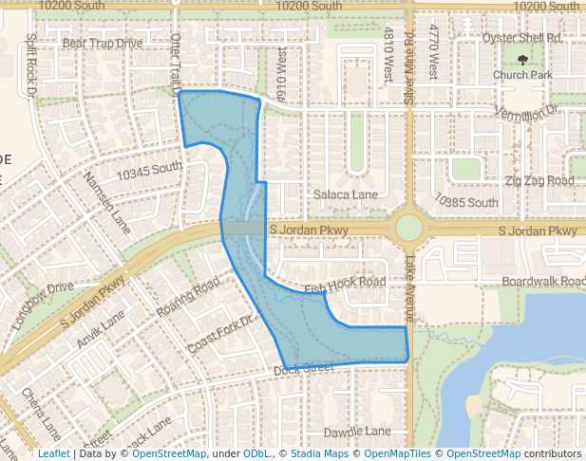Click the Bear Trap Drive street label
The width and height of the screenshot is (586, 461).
coord(102,43)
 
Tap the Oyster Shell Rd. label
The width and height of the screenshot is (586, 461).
coord(521,38)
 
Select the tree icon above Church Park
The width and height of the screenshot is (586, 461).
coord(522,60)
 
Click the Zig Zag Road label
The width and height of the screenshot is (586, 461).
coord(539,180)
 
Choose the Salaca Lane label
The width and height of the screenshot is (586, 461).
coord(346,194)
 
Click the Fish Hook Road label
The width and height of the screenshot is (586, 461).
coord(345,284)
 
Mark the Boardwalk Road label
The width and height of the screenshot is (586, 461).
coord(543,282)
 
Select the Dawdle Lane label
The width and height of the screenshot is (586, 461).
coord(356,432)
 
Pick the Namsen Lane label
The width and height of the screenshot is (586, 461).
coord(106,202)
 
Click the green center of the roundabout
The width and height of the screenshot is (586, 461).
coord(408,228)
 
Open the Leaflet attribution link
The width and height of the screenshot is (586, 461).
coord(53,454)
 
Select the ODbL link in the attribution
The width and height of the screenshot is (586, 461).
coord(256,454)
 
